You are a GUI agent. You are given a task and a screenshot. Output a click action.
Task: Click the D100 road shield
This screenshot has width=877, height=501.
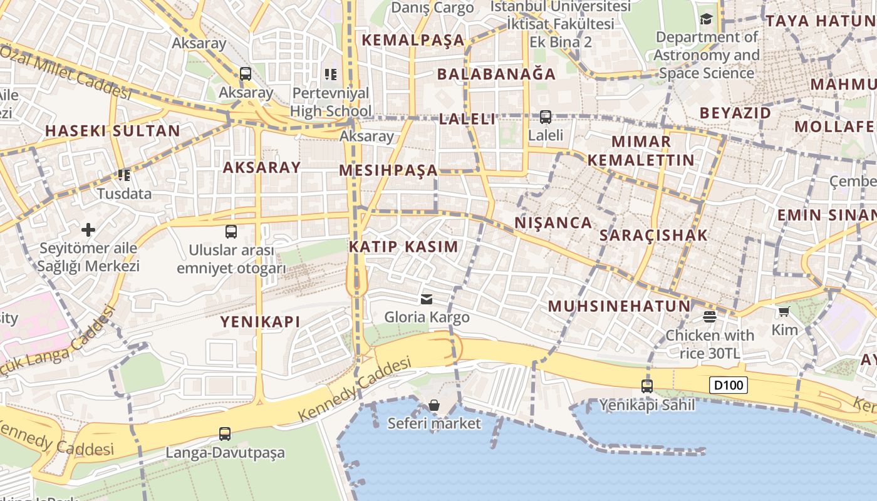click(x=729, y=385)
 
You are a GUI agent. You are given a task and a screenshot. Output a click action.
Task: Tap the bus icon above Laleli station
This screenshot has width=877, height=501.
click(x=546, y=116)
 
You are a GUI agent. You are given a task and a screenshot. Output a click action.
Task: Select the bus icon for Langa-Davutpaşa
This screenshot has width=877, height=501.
click(x=224, y=433)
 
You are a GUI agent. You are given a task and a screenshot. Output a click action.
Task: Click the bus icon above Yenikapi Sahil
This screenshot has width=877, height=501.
click(x=647, y=386)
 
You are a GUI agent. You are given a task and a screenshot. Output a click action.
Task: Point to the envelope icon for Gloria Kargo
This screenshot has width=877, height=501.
click(x=427, y=299)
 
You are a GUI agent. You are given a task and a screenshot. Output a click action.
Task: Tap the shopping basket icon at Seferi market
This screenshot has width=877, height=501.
click(x=434, y=405)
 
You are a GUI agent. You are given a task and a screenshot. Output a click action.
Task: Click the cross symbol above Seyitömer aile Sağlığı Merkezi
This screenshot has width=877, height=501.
click(x=88, y=230)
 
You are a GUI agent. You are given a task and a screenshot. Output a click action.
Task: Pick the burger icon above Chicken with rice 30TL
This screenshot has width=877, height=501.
click(x=709, y=317)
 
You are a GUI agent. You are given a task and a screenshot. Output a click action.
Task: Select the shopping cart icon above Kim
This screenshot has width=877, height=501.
click(x=784, y=311)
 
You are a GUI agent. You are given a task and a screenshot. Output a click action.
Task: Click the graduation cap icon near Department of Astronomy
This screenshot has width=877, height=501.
click(x=706, y=19)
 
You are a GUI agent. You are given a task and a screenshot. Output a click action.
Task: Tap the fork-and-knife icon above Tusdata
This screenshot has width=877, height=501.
click(x=124, y=175)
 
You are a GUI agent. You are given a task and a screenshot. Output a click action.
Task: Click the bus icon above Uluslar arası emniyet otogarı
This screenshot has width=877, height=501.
click(x=231, y=232)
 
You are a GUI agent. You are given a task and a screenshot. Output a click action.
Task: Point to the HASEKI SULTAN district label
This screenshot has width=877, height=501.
click(x=113, y=131)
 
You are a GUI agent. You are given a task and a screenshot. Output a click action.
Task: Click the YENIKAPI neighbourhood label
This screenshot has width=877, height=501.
click(x=260, y=322)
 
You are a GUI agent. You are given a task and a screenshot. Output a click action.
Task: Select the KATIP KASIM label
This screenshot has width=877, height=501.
click(x=403, y=246)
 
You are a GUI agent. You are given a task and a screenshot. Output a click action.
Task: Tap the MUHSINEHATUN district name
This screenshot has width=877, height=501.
click(x=619, y=306)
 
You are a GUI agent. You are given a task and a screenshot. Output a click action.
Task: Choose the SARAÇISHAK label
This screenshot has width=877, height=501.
click(x=653, y=235)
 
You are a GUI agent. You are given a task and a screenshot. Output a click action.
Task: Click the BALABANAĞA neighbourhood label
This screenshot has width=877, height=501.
click(x=496, y=74)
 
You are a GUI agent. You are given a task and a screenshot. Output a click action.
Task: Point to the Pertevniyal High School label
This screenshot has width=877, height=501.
click(x=331, y=102)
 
